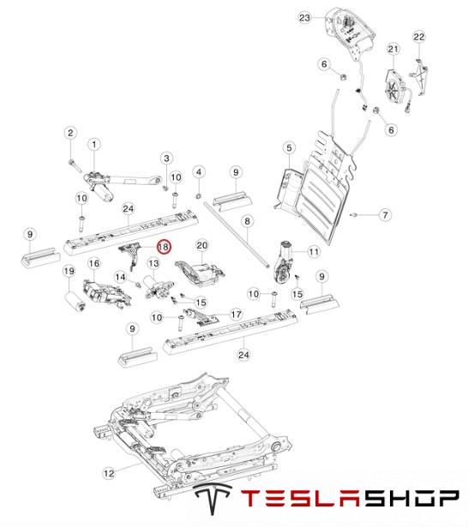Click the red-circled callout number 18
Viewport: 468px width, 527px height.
164,247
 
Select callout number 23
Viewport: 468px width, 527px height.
304,17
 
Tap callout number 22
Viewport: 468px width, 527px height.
419,37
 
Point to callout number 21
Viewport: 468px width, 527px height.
393,49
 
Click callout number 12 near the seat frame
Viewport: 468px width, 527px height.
109,473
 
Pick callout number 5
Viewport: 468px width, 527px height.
290,148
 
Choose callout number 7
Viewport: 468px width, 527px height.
386,215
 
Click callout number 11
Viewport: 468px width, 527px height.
314,251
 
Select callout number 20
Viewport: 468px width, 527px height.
201,246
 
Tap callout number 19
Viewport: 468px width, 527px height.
69,272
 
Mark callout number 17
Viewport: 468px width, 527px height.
237,314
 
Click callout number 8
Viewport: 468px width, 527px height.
248,221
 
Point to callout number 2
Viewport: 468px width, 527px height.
70,133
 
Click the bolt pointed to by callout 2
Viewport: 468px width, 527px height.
75,165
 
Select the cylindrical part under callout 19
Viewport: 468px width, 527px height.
75,302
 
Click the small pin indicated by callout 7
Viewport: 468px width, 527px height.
353,214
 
